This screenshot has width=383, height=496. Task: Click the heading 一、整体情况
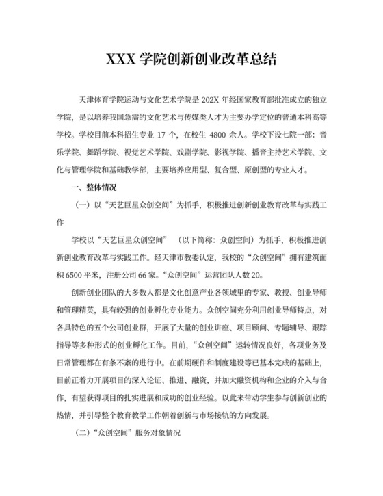click(x=94, y=187)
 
